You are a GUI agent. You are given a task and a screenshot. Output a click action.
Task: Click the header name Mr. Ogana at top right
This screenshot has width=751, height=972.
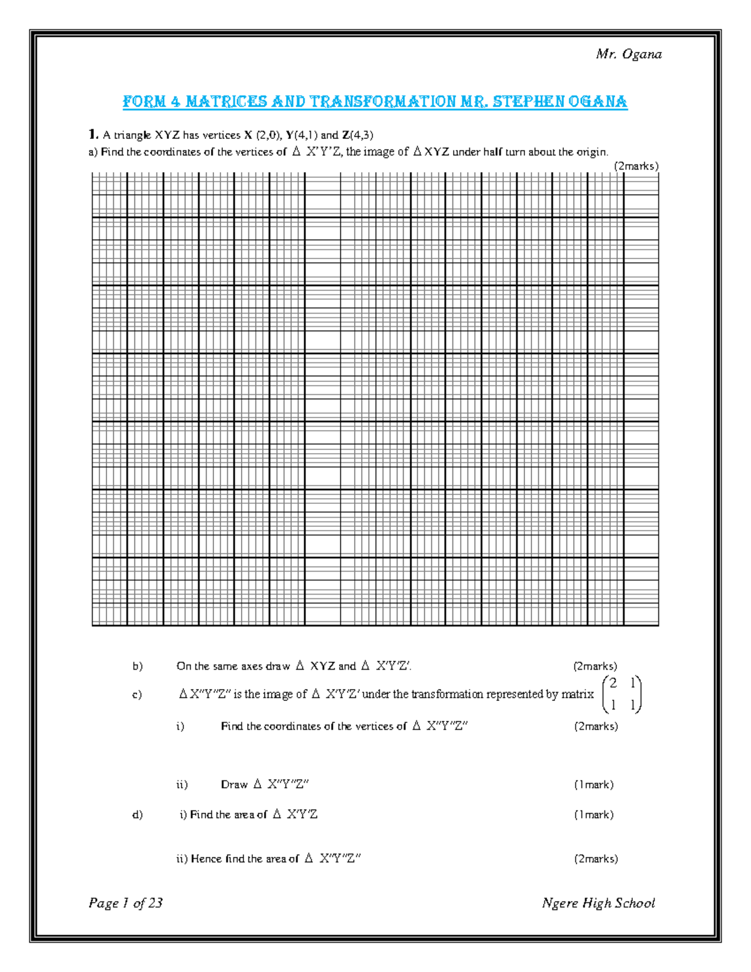(x=628, y=54)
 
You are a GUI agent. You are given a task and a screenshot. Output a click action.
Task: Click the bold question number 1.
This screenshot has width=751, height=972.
(x=93, y=135)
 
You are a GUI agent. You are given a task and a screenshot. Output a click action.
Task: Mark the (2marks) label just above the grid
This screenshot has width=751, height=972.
(x=636, y=166)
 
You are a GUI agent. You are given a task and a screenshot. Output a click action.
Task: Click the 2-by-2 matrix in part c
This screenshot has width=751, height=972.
(x=621, y=694)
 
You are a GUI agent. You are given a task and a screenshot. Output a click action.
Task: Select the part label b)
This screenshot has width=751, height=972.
(x=138, y=666)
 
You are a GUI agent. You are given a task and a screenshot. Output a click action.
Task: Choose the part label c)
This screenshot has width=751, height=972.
(x=137, y=695)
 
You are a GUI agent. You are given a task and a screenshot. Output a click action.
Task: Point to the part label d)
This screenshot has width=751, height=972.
(x=138, y=814)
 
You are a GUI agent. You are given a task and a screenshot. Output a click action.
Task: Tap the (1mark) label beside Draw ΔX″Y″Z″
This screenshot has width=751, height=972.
(x=593, y=784)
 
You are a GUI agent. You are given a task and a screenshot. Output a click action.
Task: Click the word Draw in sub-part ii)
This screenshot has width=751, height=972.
(x=234, y=784)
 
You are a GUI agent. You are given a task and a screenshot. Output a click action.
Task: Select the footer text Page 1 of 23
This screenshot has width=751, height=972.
(x=126, y=903)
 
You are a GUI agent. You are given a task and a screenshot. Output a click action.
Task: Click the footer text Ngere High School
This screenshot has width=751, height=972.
(x=598, y=903)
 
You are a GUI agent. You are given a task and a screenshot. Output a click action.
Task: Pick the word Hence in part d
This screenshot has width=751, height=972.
(x=206, y=859)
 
